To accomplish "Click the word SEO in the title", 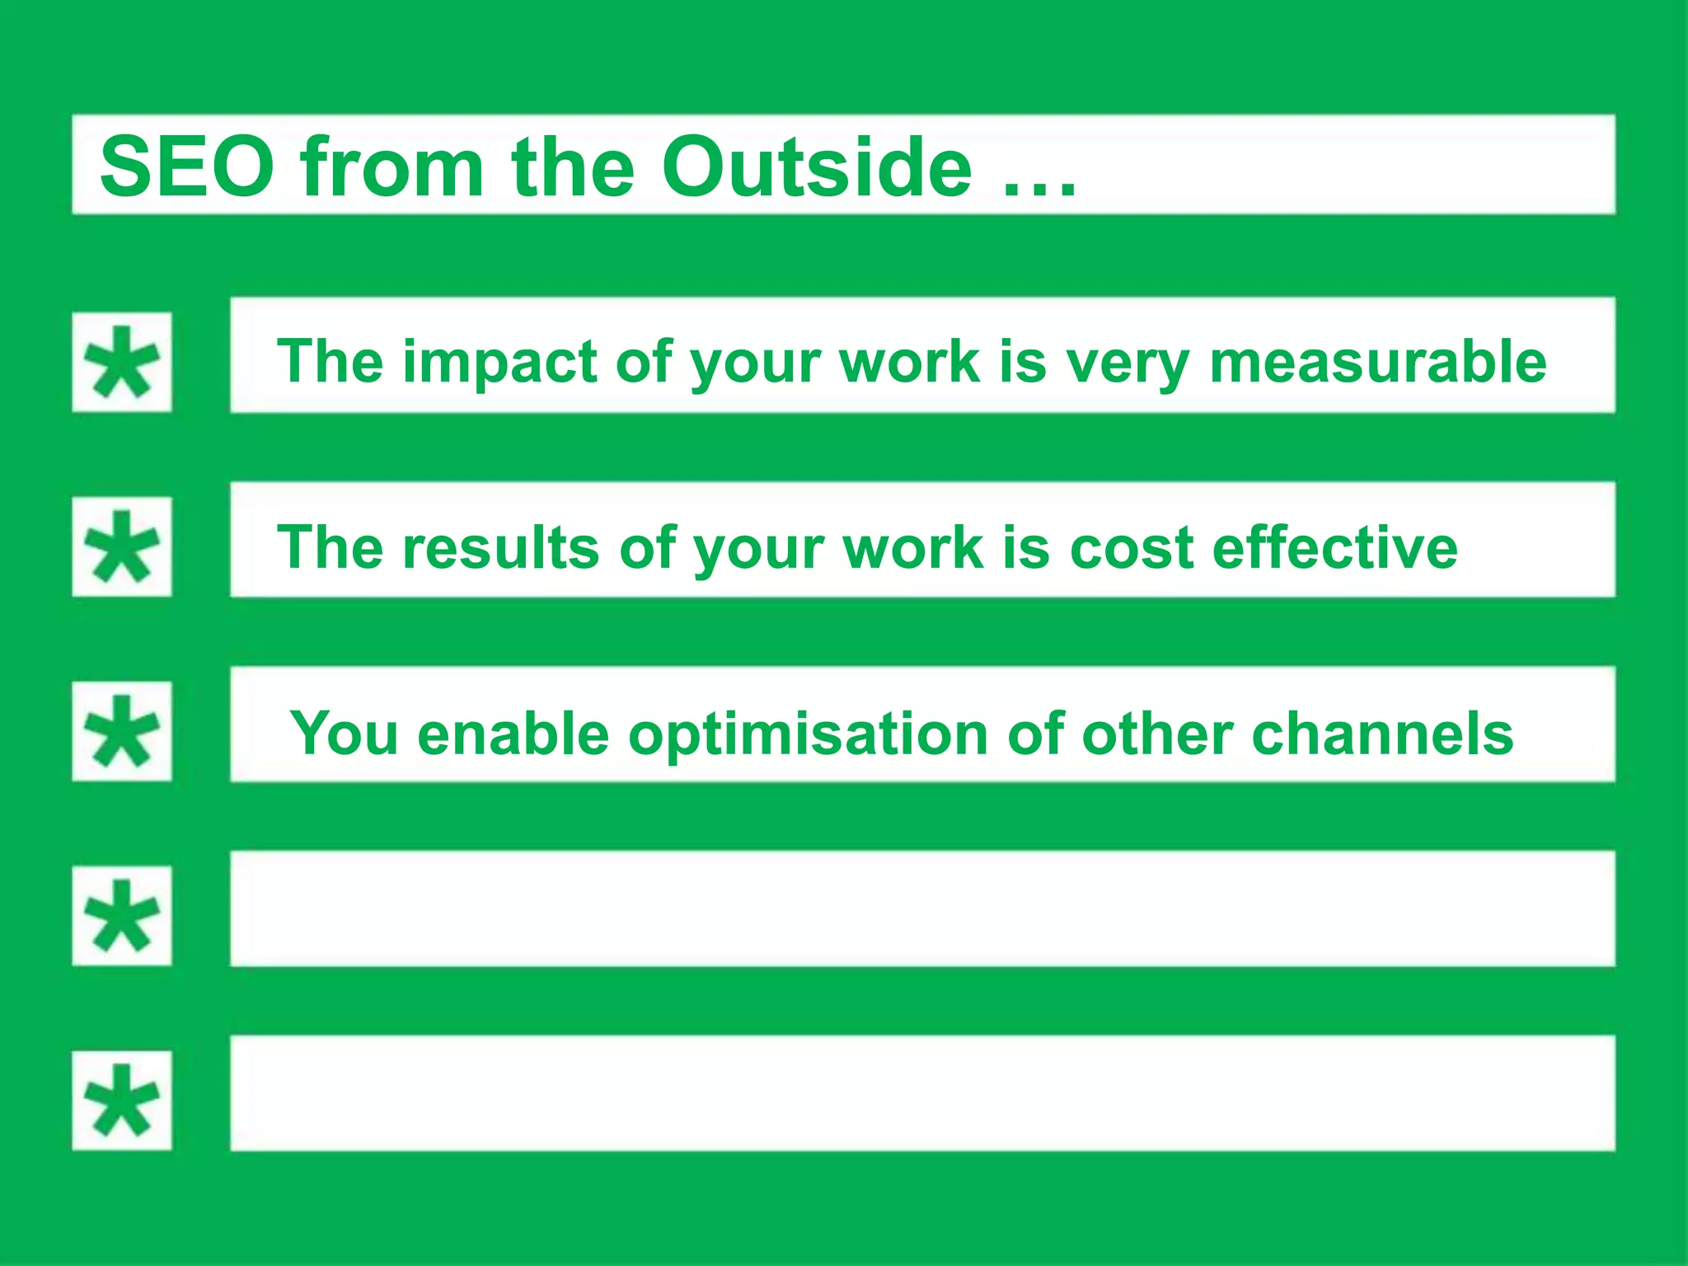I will click(186, 167).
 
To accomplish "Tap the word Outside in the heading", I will click(816, 167).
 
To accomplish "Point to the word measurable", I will click(1377, 363).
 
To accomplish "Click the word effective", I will click(1335, 547).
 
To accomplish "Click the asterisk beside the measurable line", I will click(122, 363).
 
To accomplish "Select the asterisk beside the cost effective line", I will click(122, 546).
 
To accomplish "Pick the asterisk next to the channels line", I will click(122, 731).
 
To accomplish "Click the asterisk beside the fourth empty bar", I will click(122, 916).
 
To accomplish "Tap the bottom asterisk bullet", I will click(122, 1100).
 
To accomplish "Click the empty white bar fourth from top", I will click(921, 908).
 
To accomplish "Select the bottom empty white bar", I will click(921, 1093).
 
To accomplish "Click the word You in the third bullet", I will click(345, 734).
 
